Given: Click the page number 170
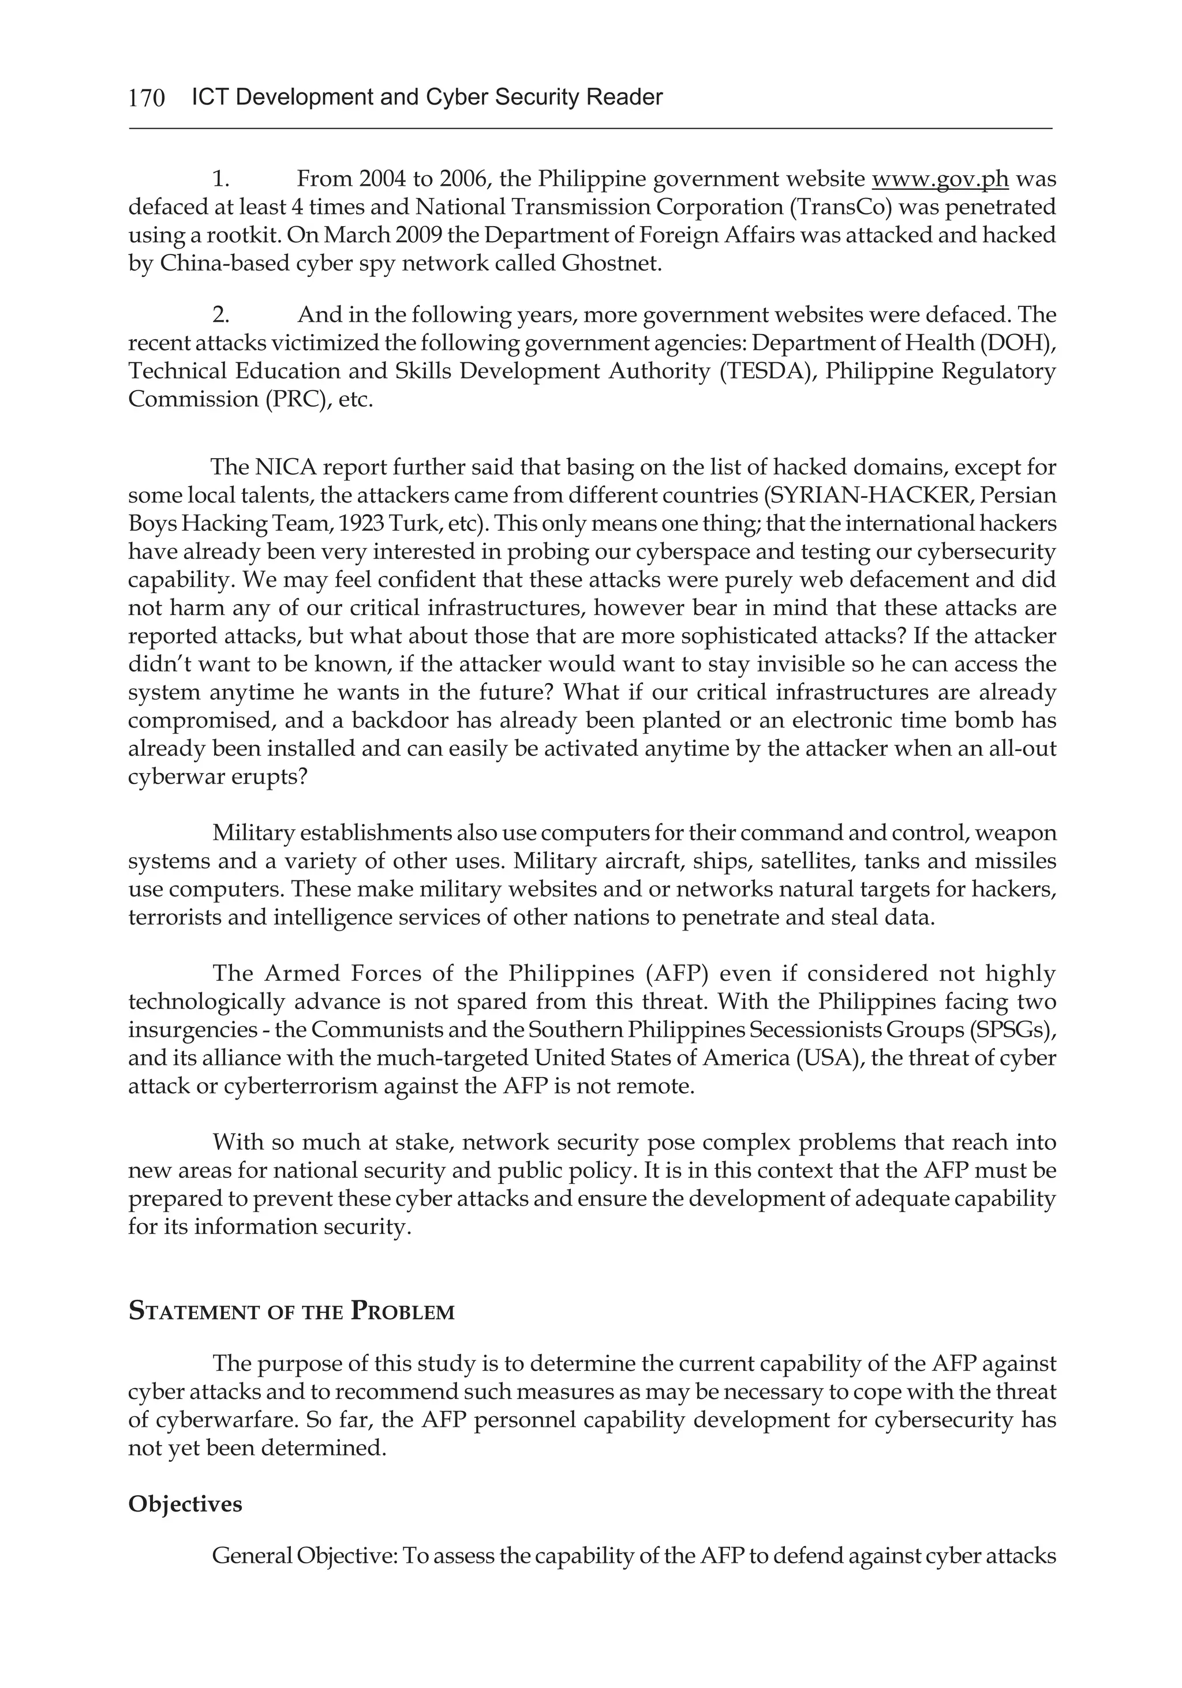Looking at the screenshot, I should pyautogui.click(x=147, y=97).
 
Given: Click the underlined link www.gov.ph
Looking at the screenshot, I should pyautogui.click(x=939, y=179).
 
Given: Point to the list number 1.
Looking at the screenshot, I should pyautogui.click(x=220, y=179).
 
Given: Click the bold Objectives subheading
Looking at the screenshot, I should pyautogui.click(x=185, y=1504).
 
